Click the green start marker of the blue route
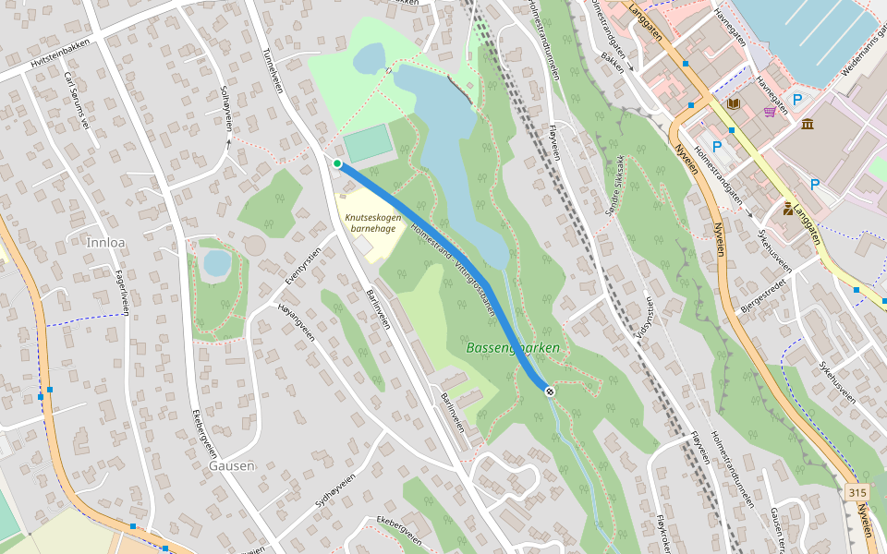click(338, 163)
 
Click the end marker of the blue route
click(550, 391)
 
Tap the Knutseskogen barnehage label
click(371, 223)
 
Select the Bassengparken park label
click(513, 348)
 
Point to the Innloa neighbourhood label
click(103, 242)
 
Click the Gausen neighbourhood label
click(231, 465)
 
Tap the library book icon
click(734, 104)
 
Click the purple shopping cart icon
click(770, 112)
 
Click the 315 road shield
click(857, 494)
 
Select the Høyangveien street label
click(297, 323)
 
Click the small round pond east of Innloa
click(217, 263)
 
